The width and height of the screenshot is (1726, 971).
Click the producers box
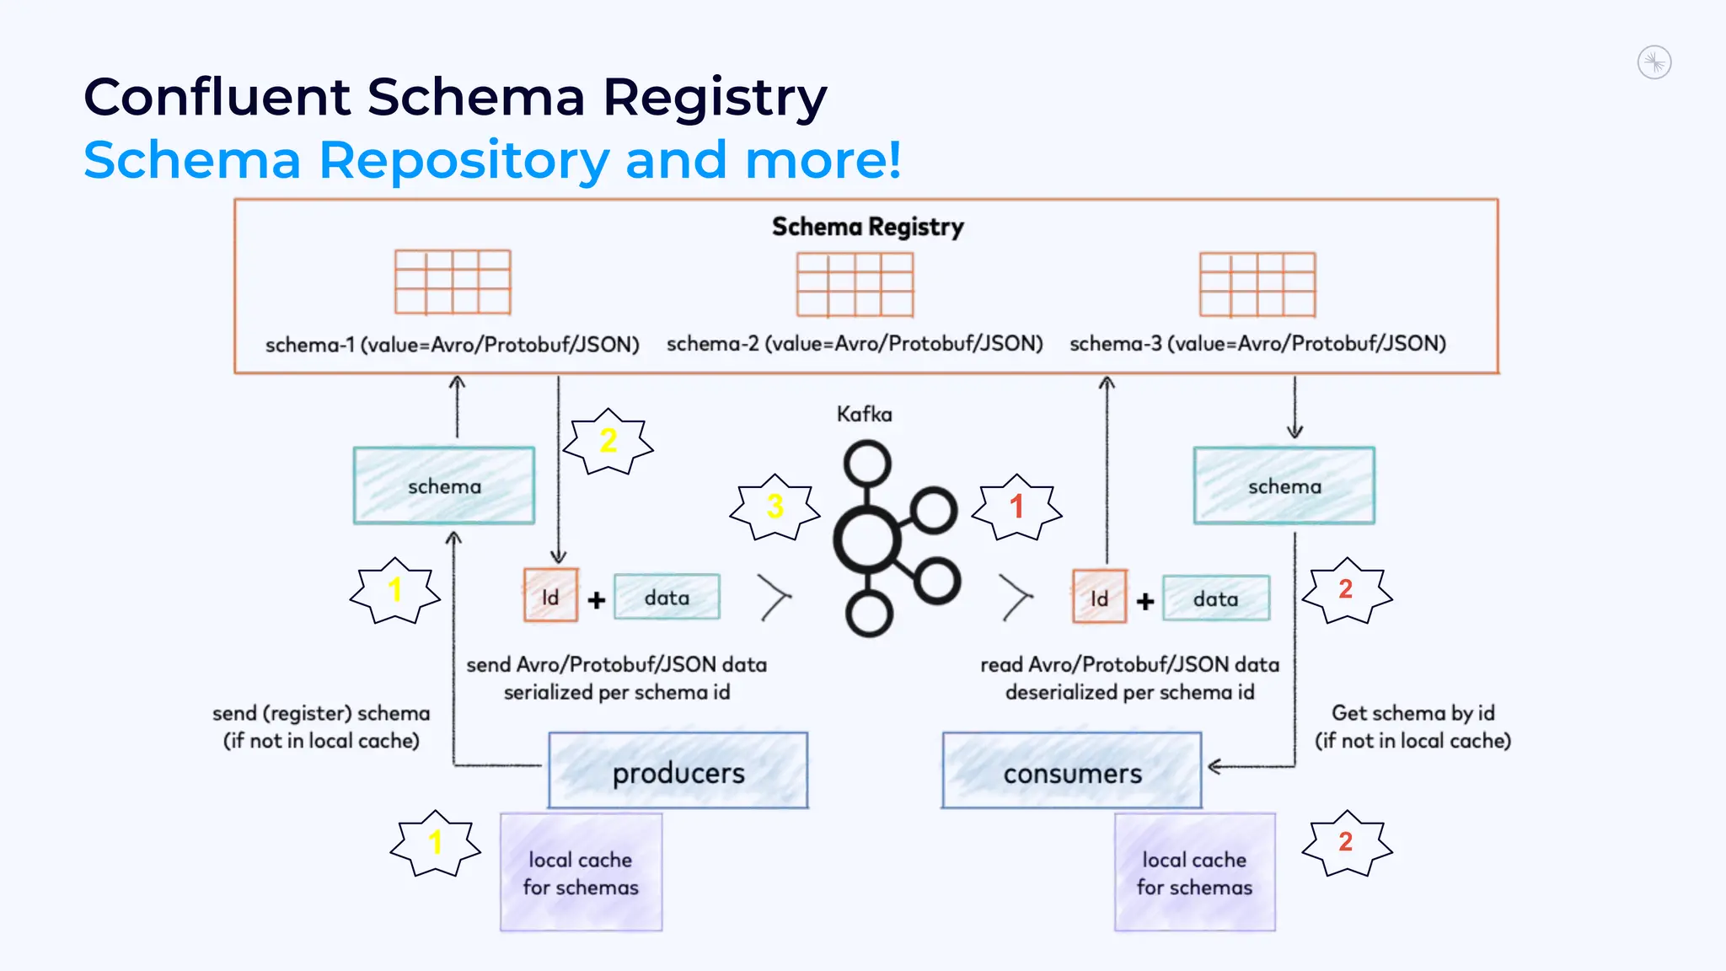click(x=678, y=771)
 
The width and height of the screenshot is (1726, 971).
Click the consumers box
click(x=1072, y=771)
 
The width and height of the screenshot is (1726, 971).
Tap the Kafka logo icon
click(x=893, y=539)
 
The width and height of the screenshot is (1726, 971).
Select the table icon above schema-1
click(x=453, y=282)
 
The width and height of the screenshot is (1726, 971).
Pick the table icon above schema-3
click(x=1257, y=284)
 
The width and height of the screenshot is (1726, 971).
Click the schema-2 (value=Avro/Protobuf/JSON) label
click(x=855, y=344)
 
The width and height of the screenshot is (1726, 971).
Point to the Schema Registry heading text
click(x=867, y=227)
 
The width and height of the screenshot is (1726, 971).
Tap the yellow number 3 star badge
click(x=775, y=507)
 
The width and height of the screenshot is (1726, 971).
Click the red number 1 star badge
click(x=1016, y=507)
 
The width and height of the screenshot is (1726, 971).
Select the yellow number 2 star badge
click(x=608, y=441)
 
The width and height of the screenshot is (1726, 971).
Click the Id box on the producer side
click(x=550, y=596)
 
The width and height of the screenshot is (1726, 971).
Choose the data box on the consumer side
click(x=1215, y=598)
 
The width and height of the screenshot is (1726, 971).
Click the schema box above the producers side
click(x=444, y=485)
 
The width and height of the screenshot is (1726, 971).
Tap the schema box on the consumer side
click(x=1284, y=485)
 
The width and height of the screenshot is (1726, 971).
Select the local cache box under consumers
click(x=1194, y=872)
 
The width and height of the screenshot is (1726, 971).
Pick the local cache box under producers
click(x=581, y=872)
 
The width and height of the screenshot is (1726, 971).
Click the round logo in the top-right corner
click(x=1654, y=62)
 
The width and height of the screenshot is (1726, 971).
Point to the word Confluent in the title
click(x=217, y=97)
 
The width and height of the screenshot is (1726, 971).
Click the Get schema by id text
click(x=1412, y=713)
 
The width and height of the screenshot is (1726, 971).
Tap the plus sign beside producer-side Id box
click(x=597, y=599)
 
